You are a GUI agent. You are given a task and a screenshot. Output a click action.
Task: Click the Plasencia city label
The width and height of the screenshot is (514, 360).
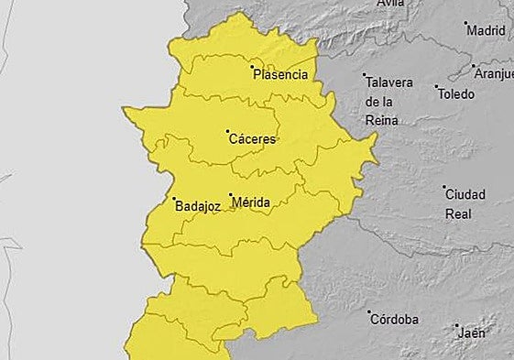[280, 75]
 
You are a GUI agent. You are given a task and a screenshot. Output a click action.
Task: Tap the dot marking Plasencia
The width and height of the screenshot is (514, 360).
[253, 67]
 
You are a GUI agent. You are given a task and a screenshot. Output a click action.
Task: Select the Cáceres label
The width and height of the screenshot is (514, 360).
[252, 140]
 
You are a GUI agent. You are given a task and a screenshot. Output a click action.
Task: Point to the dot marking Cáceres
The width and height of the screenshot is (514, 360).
[228, 132]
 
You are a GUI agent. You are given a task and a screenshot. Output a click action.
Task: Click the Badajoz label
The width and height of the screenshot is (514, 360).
[197, 207]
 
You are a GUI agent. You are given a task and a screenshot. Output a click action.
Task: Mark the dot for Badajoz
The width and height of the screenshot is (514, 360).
[174, 199]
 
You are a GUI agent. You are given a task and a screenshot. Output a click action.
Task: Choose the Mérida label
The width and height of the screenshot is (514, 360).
[250, 202]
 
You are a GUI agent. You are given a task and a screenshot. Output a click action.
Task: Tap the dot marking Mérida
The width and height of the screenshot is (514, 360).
[230, 194]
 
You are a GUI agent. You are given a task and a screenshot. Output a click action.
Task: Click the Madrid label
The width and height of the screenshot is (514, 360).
[486, 30]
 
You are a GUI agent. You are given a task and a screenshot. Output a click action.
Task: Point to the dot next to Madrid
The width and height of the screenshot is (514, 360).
[465, 23]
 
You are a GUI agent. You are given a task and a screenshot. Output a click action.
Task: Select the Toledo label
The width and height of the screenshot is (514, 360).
[455, 94]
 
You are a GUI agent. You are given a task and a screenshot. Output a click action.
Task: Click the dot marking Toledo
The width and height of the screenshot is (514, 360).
[436, 86]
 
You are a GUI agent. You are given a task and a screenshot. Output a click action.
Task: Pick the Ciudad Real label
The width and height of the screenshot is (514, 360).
[465, 203]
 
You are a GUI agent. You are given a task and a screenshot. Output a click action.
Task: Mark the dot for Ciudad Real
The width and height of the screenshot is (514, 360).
[444, 187]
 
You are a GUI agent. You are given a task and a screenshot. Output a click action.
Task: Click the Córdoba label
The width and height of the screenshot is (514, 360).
[394, 320]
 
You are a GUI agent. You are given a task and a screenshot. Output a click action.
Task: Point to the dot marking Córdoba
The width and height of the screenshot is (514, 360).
[370, 312]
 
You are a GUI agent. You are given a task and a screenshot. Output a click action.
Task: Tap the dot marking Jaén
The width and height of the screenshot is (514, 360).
[455, 325]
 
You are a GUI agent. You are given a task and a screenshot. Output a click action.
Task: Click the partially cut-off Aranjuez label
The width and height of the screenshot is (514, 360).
[495, 73]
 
